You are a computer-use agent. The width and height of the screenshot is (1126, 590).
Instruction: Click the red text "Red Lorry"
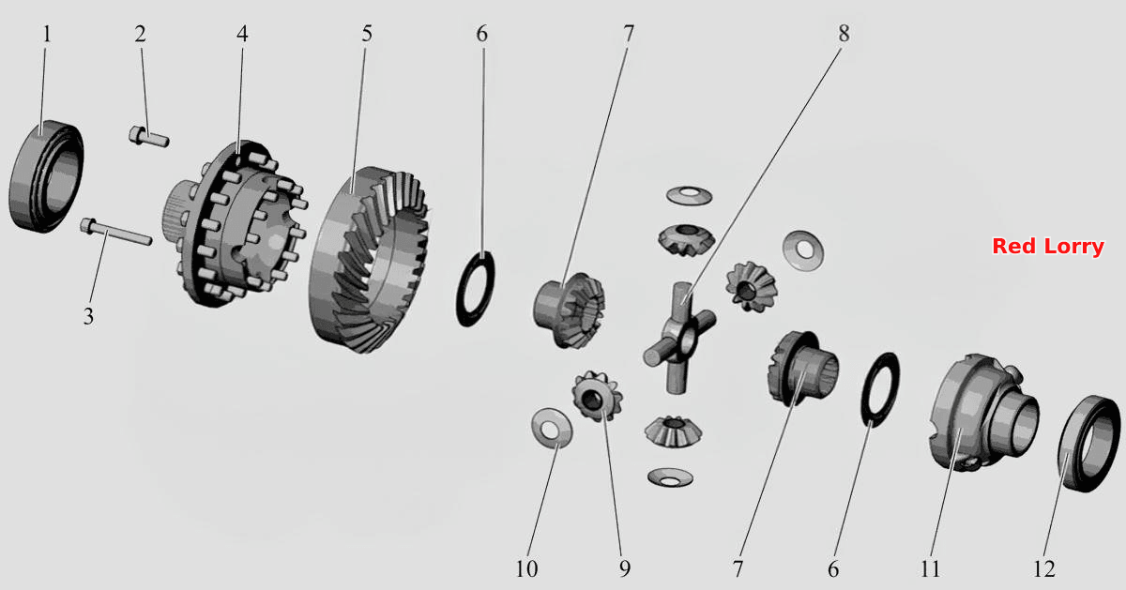[x=1048, y=247]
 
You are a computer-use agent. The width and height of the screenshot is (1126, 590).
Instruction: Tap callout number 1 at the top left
[x=47, y=34]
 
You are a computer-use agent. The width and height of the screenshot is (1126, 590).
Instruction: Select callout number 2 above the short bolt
[x=140, y=34]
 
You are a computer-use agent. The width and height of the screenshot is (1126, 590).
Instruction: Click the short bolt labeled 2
[x=149, y=136]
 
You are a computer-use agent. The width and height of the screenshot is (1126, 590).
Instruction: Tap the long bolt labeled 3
[x=115, y=232]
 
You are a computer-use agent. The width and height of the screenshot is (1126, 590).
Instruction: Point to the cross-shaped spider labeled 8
[x=679, y=338]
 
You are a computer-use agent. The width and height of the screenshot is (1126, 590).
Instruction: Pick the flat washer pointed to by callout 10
[x=552, y=428]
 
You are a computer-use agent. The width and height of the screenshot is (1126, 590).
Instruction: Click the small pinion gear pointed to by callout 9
[x=597, y=397]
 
